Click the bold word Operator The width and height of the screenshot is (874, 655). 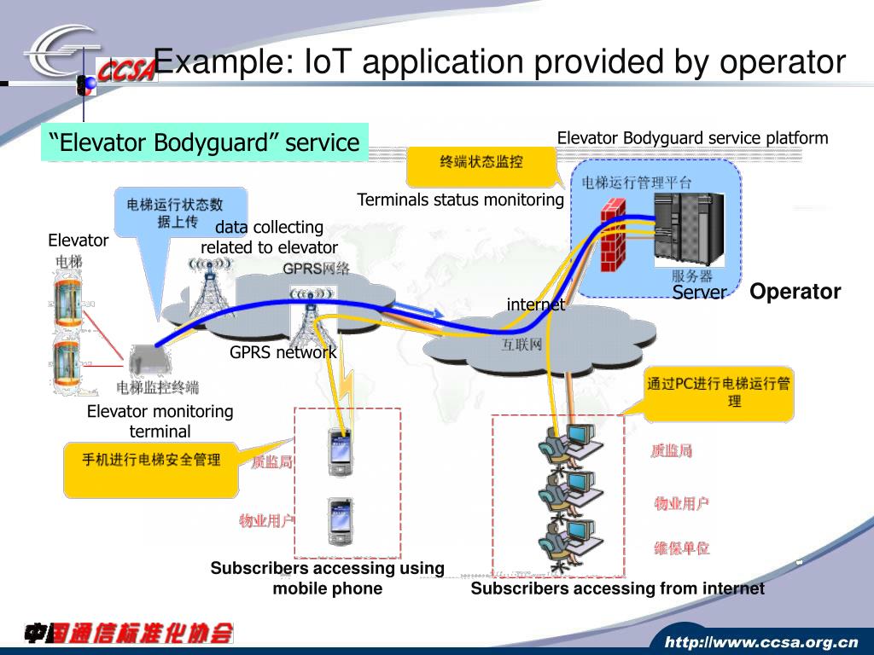[x=795, y=292]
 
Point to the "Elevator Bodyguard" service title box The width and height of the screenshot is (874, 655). [x=205, y=142]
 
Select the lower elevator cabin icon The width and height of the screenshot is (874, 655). [x=67, y=363]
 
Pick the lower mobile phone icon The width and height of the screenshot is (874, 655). [x=340, y=520]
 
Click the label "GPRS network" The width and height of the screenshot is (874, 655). [x=283, y=352]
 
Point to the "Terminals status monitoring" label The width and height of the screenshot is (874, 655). [x=460, y=200]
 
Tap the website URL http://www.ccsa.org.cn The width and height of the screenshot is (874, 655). [x=761, y=641]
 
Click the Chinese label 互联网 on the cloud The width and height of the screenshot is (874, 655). [x=521, y=345]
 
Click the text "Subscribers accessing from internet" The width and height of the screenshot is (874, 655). [x=617, y=588]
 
